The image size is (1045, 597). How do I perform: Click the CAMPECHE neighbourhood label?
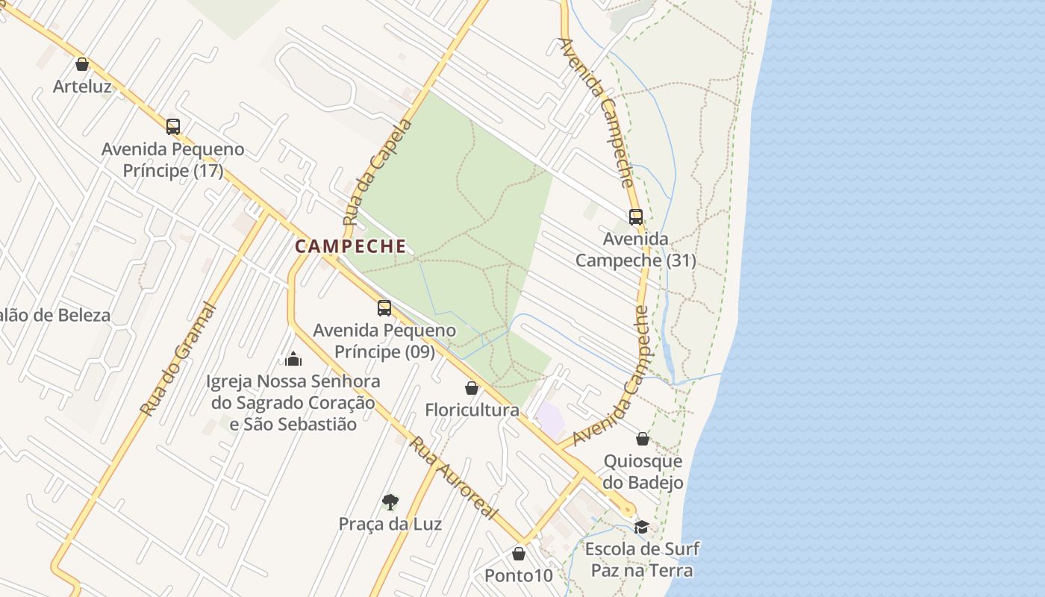[351, 246]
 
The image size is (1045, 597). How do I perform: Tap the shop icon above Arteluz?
[82, 65]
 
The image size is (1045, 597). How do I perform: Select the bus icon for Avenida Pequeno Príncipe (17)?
[173, 127]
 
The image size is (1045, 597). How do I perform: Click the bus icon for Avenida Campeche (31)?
[636, 217]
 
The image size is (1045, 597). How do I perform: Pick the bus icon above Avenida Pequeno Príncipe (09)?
[384, 307]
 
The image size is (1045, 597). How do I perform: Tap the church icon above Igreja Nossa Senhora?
[293, 359]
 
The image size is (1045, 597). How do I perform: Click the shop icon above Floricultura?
[472, 388]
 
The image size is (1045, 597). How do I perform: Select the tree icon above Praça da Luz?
[390, 501]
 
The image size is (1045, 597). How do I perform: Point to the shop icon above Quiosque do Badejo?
[643, 439]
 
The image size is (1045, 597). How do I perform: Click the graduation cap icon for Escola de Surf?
[641, 528]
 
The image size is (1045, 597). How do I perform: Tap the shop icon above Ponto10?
[519, 554]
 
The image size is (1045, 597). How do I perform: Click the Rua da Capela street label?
[378, 172]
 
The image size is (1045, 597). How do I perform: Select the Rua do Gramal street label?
[178, 360]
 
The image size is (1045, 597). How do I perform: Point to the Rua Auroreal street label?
[453, 478]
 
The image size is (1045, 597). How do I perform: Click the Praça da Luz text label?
[390, 524]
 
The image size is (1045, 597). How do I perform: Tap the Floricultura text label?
[472, 410]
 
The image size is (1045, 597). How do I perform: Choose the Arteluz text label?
[82, 87]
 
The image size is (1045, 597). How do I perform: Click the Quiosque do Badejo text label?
[643, 472]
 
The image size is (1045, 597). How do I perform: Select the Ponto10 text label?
[519, 575]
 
